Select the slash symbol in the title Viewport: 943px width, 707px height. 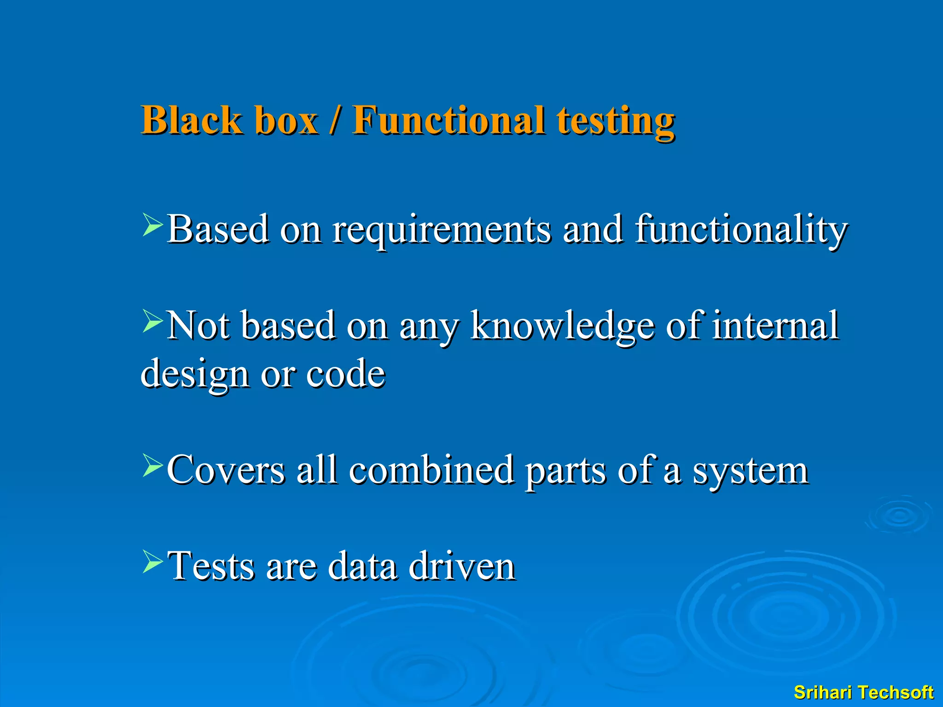pyautogui.click(x=335, y=121)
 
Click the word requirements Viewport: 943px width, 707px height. pyautogui.click(x=441, y=230)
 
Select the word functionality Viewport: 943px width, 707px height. pyautogui.click(x=741, y=230)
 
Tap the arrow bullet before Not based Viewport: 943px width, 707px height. pyautogui.click(x=152, y=321)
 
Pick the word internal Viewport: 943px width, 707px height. pyautogui.click(x=775, y=326)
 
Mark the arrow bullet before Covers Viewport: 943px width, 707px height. pyautogui.click(x=152, y=465)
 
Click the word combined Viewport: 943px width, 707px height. pyautogui.click(x=431, y=470)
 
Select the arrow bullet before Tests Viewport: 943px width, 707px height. pyautogui.click(x=152, y=561)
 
